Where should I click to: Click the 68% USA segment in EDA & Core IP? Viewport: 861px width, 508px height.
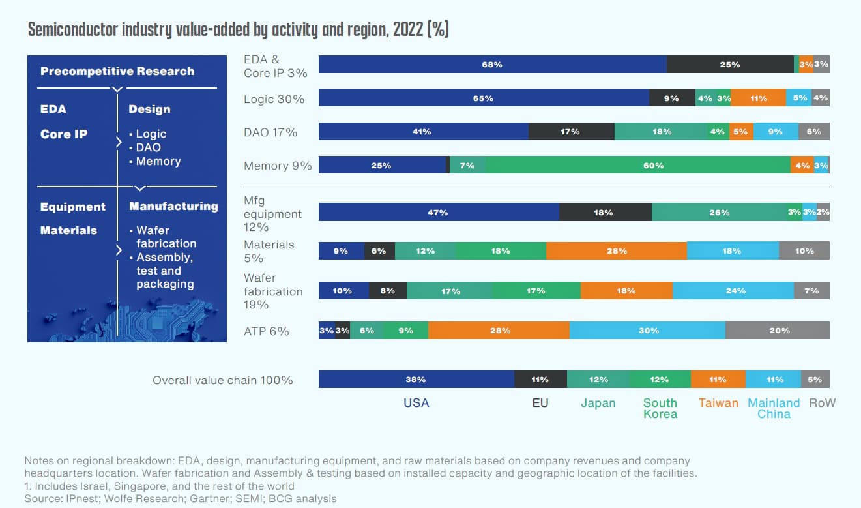pos(492,65)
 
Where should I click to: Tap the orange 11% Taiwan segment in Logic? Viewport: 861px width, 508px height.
pos(758,98)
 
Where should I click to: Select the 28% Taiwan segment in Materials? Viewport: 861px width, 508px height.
pos(617,250)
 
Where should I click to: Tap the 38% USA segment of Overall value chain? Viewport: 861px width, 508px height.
pos(416,380)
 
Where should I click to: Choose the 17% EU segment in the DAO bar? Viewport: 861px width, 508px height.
pos(570,132)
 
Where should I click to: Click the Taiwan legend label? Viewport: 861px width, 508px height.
pos(718,403)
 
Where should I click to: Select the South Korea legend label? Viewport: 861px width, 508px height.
pos(660,408)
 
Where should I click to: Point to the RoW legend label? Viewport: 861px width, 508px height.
pos(822,403)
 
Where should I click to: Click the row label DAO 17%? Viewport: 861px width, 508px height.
pos(270,132)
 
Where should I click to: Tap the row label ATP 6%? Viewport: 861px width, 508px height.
pos(266,331)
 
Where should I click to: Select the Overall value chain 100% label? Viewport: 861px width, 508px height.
pos(222,380)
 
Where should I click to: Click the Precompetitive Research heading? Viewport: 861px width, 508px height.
pos(117,71)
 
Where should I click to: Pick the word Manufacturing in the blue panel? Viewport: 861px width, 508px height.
pos(173,206)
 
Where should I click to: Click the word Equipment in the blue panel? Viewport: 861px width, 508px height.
pos(73,207)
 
